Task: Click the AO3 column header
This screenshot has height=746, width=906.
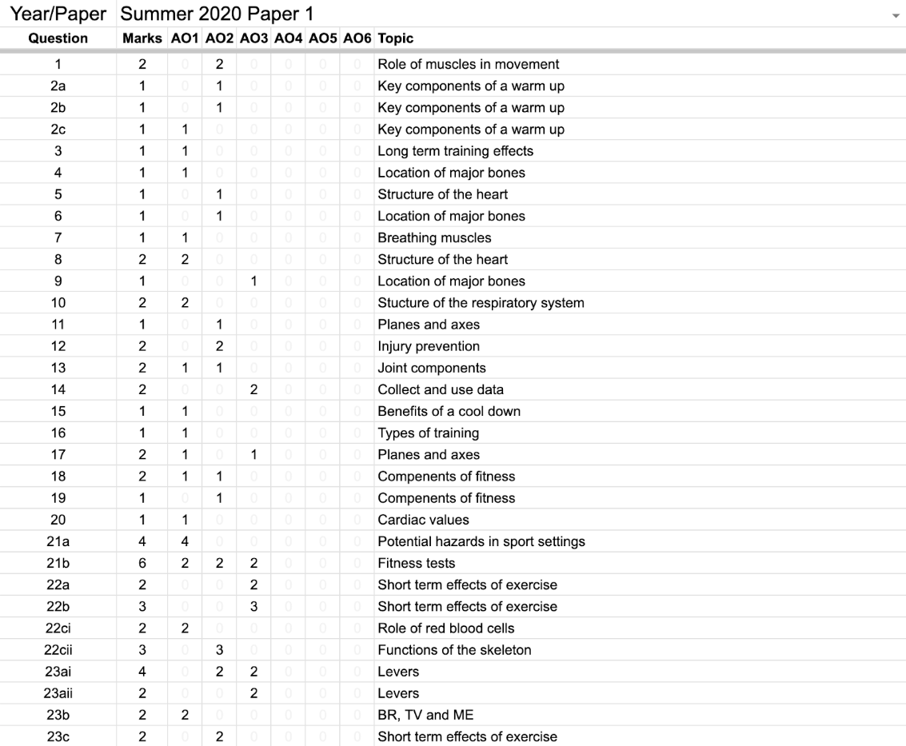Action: click(x=253, y=38)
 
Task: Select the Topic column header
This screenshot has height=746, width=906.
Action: click(x=395, y=38)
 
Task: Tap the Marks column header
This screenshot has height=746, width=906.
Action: click(x=142, y=38)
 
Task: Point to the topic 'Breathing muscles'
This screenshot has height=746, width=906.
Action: click(x=434, y=237)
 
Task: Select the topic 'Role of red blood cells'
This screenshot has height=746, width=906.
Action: click(x=446, y=628)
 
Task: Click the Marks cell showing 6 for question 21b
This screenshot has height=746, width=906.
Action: click(x=142, y=563)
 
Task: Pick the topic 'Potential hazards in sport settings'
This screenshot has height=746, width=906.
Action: click(x=481, y=541)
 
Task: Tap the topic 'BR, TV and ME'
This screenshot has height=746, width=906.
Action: click(x=425, y=715)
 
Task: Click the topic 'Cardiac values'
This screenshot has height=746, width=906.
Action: click(x=423, y=520)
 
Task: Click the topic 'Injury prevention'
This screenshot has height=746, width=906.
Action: click(x=429, y=346)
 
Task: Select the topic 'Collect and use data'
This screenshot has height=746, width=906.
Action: click(x=441, y=389)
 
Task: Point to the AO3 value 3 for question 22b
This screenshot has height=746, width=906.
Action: click(x=253, y=607)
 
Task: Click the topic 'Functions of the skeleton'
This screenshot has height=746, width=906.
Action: click(x=454, y=650)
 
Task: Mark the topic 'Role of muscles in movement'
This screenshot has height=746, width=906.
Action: click(x=468, y=64)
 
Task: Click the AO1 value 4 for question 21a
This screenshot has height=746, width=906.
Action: click(x=186, y=541)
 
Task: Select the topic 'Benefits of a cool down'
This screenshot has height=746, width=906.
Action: click(x=449, y=411)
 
